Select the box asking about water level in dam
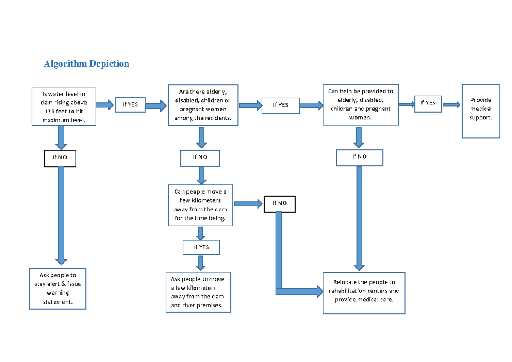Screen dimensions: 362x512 pos(64,107)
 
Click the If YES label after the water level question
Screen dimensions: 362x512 pos(130,104)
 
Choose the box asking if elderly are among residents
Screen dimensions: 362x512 pos(203,105)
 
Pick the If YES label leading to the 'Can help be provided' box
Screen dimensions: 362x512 pos(280,105)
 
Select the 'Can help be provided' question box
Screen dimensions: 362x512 pos(360,104)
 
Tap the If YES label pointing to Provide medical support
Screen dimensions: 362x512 pos(428,103)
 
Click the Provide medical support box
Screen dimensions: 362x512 pos(480,111)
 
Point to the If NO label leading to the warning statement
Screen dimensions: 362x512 pos(60,158)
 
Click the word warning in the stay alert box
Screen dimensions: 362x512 pos(58,293)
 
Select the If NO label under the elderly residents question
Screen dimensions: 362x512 pos(200,157)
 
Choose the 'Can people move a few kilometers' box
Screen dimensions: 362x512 pos(200,205)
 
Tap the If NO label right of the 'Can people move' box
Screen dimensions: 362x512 pos(279,203)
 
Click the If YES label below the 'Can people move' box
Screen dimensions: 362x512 pos(201,247)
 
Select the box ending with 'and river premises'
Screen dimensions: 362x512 pos(198,292)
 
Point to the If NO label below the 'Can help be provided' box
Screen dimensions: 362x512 pos(359,157)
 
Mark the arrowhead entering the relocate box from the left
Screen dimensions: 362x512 pos(319,291)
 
